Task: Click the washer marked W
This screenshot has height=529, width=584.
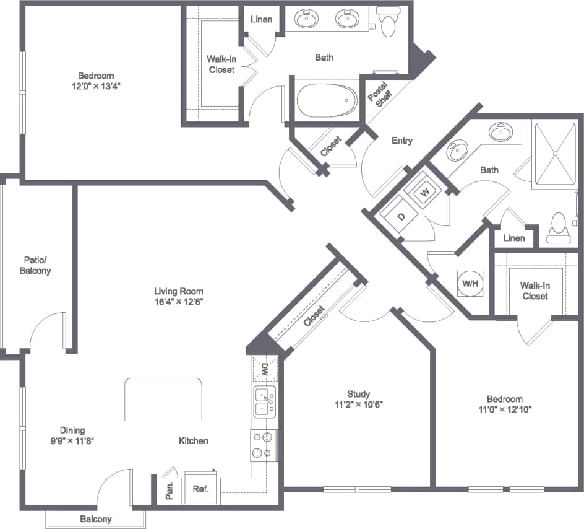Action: (x=425, y=191)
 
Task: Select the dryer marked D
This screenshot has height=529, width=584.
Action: (x=401, y=216)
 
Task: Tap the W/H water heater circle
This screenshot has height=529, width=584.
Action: (x=470, y=284)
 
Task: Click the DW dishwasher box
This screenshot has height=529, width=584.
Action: (x=264, y=370)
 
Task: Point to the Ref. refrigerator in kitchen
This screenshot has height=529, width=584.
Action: (x=200, y=488)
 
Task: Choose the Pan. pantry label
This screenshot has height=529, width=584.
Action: (x=169, y=489)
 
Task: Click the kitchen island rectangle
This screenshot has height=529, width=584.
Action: (x=164, y=400)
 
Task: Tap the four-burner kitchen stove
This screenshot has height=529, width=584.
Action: (x=263, y=445)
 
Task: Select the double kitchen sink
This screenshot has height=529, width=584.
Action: (x=264, y=401)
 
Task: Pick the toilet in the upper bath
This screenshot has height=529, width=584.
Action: (x=389, y=22)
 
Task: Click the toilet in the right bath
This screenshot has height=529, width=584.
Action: (x=558, y=227)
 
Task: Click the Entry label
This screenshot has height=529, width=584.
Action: (x=401, y=141)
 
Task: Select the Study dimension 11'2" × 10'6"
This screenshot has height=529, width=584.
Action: (x=358, y=406)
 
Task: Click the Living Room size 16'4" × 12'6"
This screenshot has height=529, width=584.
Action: (x=179, y=302)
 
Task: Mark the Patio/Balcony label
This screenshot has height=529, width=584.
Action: (x=35, y=265)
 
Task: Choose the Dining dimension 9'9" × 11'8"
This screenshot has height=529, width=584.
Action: (x=72, y=441)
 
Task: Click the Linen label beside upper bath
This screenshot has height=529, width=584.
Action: (x=262, y=19)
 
